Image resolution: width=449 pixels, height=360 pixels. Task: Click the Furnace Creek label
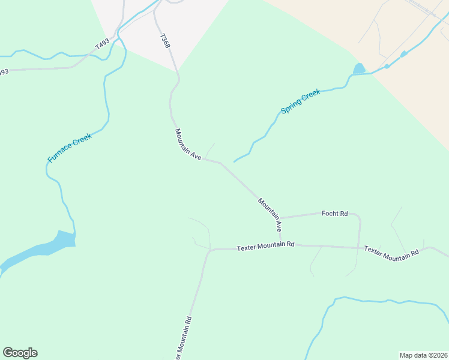tap(70, 148)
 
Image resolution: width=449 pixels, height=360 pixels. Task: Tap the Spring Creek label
tap(301, 103)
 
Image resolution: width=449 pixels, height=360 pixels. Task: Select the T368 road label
tap(166, 42)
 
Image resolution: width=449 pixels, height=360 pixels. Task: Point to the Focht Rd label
tap(335, 214)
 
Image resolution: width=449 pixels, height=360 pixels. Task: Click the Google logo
tap(20, 353)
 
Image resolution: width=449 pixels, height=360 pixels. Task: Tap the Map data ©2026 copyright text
tap(423, 355)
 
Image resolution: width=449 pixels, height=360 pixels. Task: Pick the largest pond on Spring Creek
tap(359, 69)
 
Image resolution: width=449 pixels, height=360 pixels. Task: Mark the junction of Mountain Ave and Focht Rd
tap(280, 218)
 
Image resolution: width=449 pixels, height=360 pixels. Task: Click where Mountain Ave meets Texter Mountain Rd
tap(281, 245)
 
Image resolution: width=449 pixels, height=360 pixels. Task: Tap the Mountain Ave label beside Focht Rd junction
tap(270, 215)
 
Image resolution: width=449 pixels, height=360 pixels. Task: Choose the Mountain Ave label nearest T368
tap(188, 144)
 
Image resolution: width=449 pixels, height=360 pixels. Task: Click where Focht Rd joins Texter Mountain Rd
tap(358, 247)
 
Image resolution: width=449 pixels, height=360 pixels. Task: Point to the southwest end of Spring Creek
tap(234, 161)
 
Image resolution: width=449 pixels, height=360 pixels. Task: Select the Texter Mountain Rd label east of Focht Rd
tap(391, 253)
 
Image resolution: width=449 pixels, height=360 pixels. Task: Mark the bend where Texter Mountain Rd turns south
tap(209, 250)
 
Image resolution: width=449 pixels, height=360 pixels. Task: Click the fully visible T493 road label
tap(103, 44)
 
